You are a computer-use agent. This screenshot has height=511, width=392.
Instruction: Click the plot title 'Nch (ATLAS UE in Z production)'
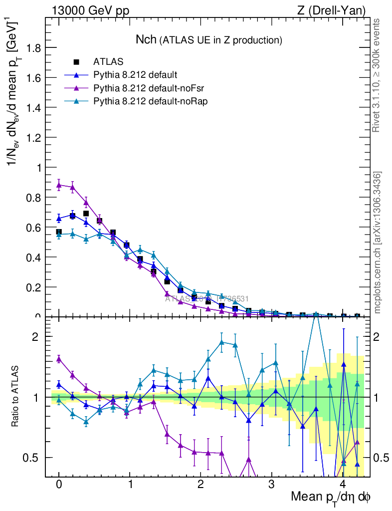(209, 39)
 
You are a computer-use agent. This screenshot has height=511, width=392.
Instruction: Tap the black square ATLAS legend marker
(76, 62)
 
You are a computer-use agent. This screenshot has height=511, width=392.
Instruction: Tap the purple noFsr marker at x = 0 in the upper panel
(59, 185)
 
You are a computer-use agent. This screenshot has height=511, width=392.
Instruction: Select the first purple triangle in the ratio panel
(59, 358)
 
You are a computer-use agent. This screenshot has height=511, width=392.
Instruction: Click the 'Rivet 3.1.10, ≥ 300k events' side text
(377, 75)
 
